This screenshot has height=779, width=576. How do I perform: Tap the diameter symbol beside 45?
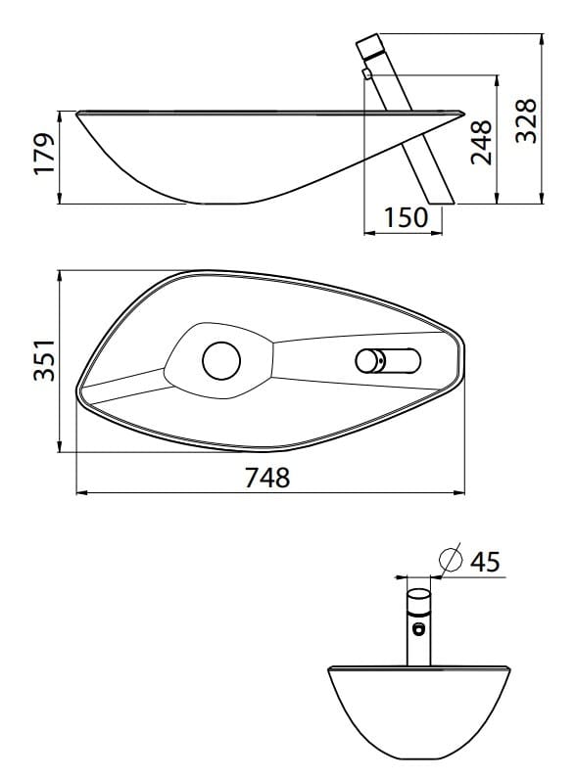(x=451, y=560)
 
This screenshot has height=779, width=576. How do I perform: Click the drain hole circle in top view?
(x=221, y=361)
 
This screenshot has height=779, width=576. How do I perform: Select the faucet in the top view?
(x=386, y=360)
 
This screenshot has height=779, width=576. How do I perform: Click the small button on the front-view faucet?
(x=418, y=628)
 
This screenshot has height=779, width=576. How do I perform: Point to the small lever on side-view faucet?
(x=365, y=73)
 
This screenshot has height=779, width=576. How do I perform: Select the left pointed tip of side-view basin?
(x=77, y=115)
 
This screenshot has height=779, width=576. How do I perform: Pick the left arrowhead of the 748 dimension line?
(x=81, y=492)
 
